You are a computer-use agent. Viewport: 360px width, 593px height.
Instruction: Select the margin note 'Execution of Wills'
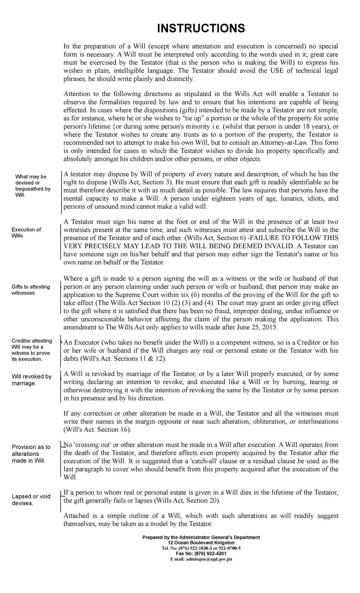pos(26,233)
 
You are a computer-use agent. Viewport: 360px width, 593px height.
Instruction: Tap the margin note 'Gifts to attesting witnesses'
pos(31,290)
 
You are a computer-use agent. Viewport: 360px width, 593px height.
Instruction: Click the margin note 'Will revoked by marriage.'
pos(31,380)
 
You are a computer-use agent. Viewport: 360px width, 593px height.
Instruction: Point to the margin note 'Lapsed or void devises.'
pos(31,500)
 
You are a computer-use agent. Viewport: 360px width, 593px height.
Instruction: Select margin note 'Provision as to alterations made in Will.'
pos(31,454)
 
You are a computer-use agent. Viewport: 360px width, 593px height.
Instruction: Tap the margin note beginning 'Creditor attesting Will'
pos(31,350)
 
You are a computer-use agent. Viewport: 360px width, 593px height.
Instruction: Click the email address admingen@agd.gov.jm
pos(201,559)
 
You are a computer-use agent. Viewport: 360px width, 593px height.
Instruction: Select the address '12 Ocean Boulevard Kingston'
pos(201,543)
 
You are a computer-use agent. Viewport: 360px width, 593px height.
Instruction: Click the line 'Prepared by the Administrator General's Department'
pos(201,537)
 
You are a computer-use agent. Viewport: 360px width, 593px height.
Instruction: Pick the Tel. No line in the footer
pos(201,548)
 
